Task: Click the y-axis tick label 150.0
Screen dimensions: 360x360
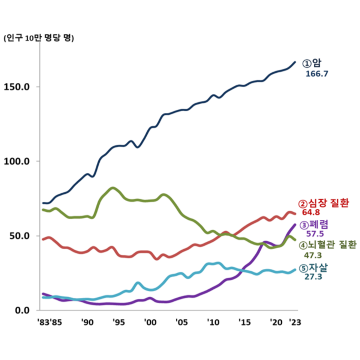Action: pos(20,87)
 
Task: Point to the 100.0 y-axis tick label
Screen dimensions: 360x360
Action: pos(20,161)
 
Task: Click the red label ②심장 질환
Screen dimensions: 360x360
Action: pos(324,203)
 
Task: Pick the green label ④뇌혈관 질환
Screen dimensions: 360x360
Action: pos(327,245)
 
